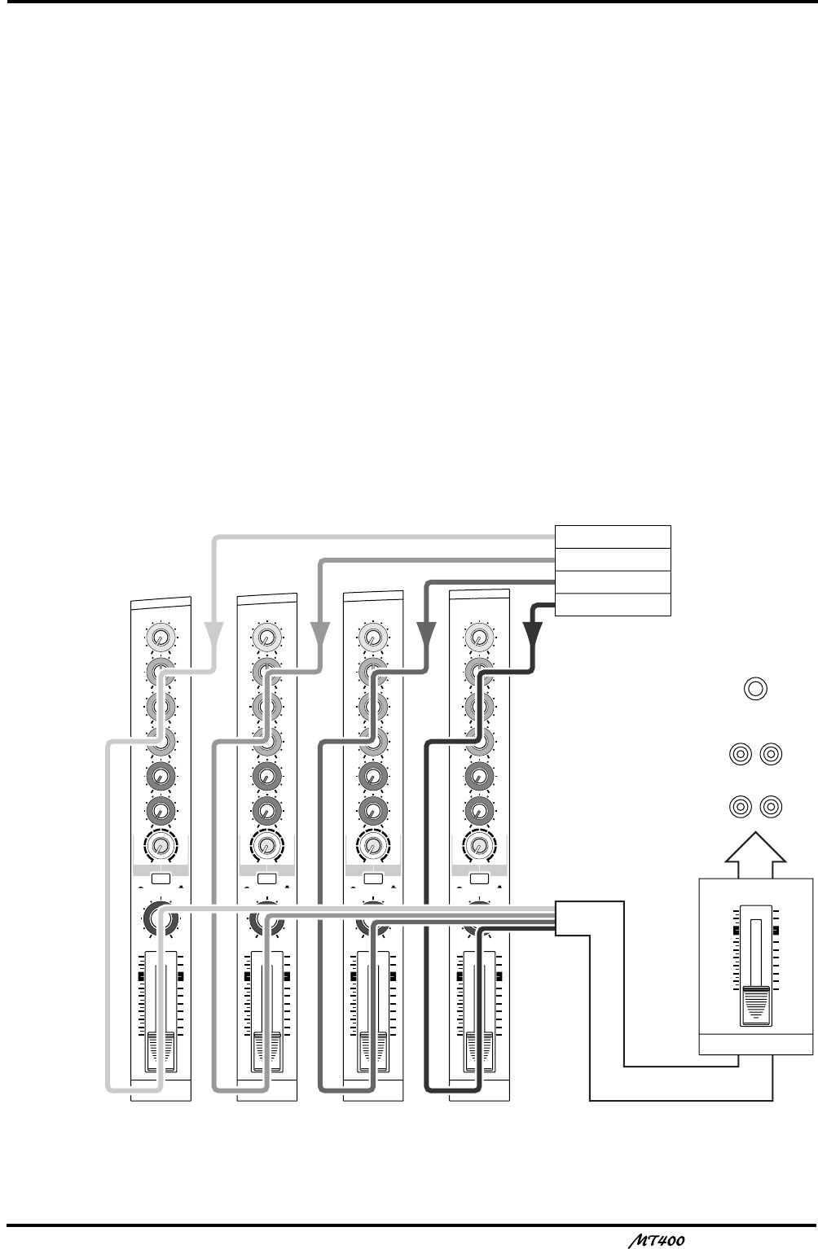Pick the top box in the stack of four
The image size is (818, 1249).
pyautogui.click(x=613, y=537)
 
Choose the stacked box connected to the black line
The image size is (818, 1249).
pyautogui.click(x=613, y=604)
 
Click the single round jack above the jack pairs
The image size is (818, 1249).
pyautogui.click(x=755, y=689)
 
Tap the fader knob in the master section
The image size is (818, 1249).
pyautogui.click(x=755, y=1004)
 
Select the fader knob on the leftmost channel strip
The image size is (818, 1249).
pyautogui.click(x=161, y=1050)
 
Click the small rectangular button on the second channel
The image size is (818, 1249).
pyautogui.click(x=265, y=879)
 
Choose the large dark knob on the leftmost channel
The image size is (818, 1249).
pyautogui.click(x=161, y=918)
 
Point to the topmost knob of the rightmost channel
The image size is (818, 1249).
pyautogui.click(x=478, y=638)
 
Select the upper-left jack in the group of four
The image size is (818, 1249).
pyautogui.click(x=740, y=755)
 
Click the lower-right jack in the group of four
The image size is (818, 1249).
pyautogui.click(x=770, y=808)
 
